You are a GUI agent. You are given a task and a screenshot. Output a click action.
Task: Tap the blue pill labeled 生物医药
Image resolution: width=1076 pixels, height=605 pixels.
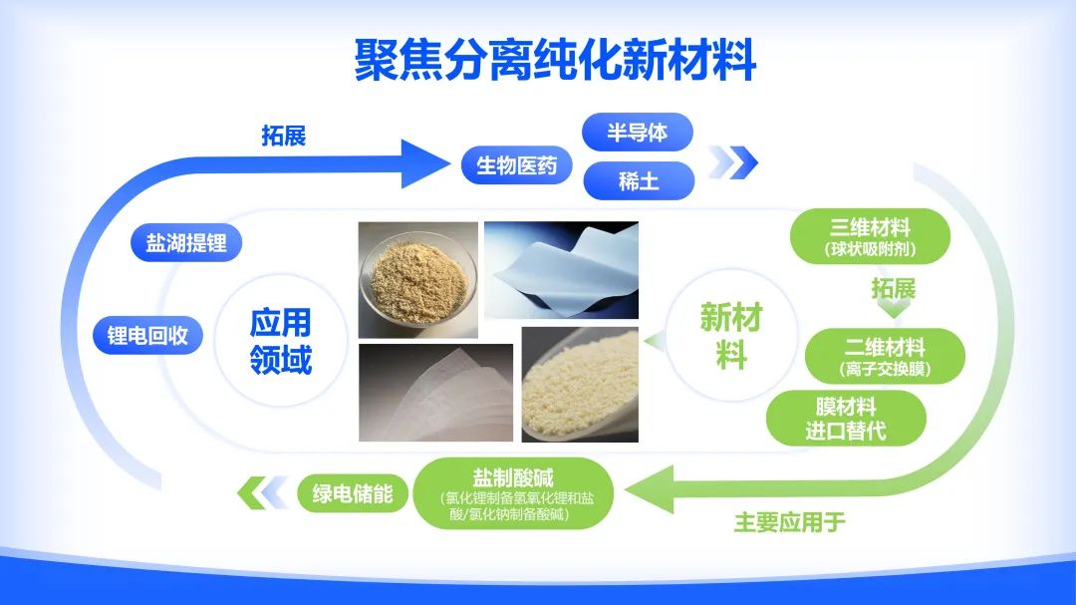pyautogui.click(x=516, y=165)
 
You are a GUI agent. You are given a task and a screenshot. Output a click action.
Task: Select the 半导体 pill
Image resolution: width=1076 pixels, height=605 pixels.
pyautogui.click(x=637, y=132)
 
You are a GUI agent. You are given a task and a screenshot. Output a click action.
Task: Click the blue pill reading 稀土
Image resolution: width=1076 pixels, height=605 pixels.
pyautogui.click(x=638, y=181)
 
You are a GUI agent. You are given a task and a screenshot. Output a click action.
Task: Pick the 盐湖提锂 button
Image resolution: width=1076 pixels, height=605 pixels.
pyautogui.click(x=186, y=243)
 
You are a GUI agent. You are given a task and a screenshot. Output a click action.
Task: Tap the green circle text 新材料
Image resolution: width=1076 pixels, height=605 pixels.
pyautogui.click(x=730, y=336)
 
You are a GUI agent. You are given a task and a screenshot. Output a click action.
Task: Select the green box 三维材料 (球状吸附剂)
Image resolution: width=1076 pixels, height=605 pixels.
pyautogui.click(x=870, y=235)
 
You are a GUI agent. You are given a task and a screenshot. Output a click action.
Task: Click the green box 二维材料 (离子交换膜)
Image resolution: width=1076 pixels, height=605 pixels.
pyautogui.click(x=885, y=357)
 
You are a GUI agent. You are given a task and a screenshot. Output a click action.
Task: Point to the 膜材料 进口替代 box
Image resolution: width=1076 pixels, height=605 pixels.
pyautogui.click(x=846, y=419)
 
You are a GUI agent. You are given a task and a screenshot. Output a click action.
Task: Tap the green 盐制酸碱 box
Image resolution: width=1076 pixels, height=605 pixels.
pyautogui.click(x=512, y=491)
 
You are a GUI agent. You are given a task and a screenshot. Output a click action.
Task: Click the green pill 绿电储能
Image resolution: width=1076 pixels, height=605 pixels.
pyautogui.click(x=353, y=492)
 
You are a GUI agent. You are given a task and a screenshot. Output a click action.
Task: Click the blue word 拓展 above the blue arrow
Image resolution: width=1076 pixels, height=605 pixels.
pyautogui.click(x=284, y=136)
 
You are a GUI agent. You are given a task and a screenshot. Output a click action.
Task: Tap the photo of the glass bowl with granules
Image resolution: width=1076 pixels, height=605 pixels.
pyautogui.click(x=417, y=279)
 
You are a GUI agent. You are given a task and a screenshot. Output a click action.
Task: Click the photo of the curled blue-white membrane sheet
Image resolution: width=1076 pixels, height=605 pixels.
pyautogui.click(x=561, y=269)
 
